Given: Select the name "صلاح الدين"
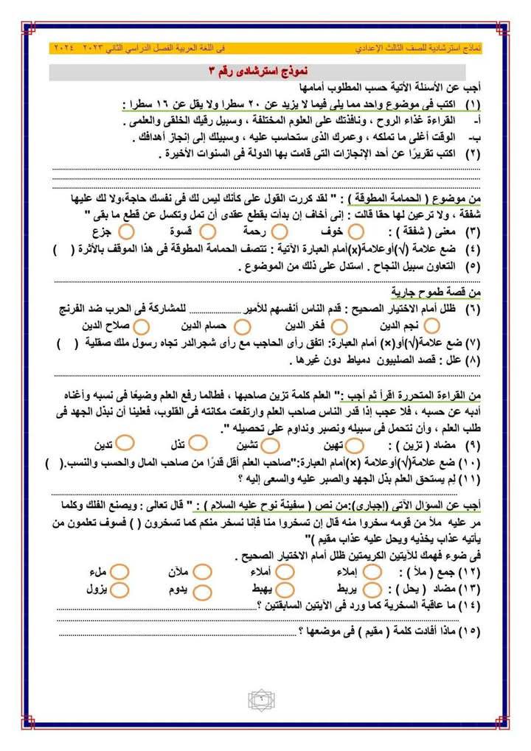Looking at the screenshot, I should click(x=111, y=325).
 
